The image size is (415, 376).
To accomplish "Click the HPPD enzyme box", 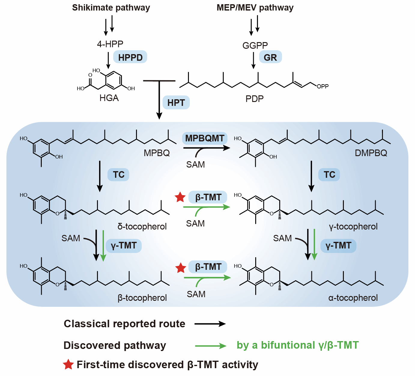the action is click(130, 57).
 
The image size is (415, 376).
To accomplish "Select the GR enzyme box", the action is click(270, 57).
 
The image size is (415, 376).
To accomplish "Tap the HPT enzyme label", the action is click(176, 102).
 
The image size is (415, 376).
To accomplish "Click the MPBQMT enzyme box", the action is click(204, 138).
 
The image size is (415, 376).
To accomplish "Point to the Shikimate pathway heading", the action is click(111, 8).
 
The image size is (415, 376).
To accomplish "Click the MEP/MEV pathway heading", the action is click(255, 8).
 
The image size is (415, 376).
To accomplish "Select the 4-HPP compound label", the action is click(110, 44).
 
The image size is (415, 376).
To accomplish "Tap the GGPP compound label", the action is click(255, 45).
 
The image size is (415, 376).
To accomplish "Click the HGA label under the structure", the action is click(109, 98).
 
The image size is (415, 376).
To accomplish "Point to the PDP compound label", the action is click(254, 99).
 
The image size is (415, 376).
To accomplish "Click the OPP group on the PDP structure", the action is click(323, 86).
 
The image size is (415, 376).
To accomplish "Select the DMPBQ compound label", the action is click(371, 153).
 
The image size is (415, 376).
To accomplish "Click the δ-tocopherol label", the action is click(142, 226).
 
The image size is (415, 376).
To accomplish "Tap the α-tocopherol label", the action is click(353, 298).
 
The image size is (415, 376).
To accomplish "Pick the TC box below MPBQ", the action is click(118, 174).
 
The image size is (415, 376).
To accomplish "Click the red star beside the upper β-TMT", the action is click(180, 197).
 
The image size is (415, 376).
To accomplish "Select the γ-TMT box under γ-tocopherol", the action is click(338, 246).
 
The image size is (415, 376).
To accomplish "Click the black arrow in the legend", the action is click(210, 324).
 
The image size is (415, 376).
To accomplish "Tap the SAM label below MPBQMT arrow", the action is click(195, 164).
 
